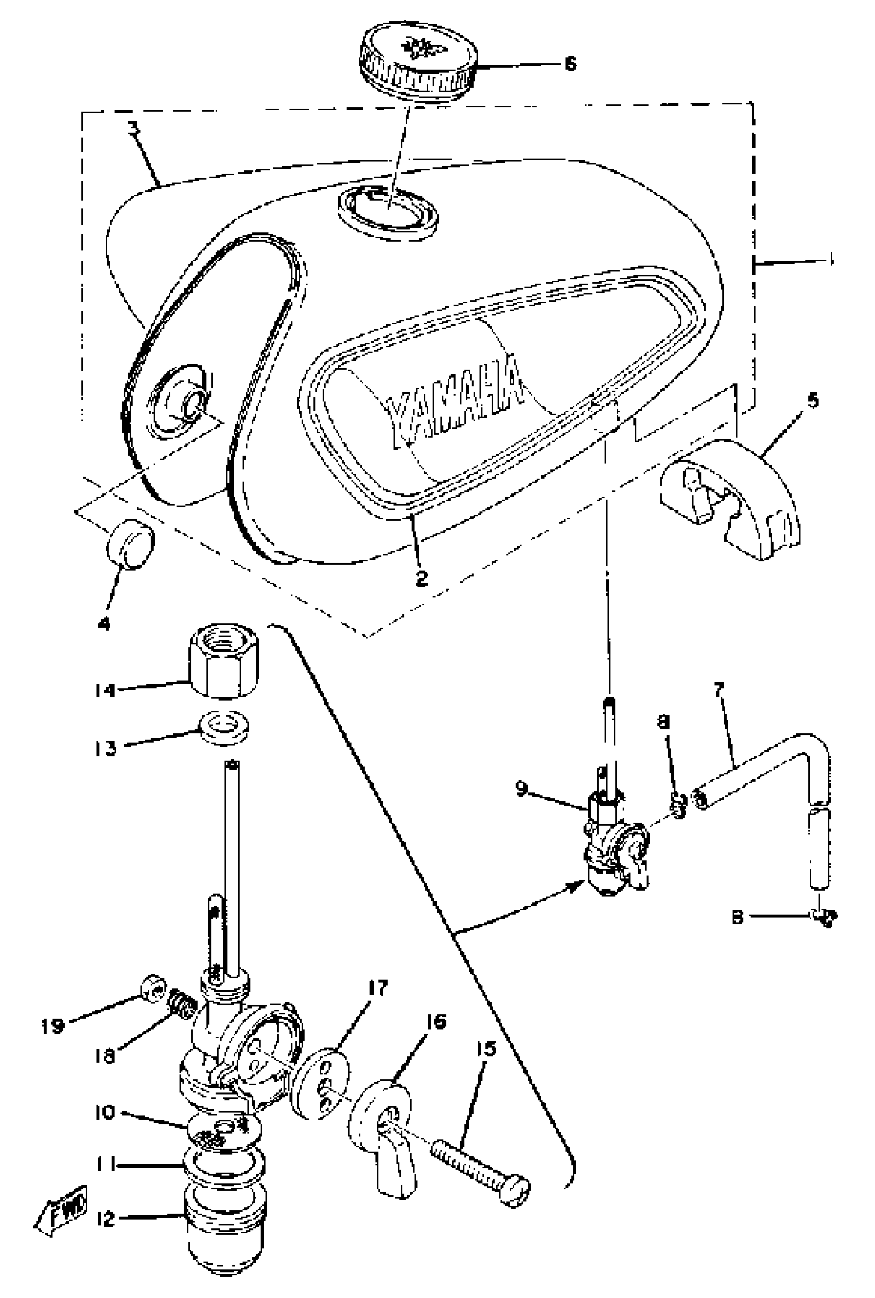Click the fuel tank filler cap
coord(418,62)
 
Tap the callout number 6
coord(570,64)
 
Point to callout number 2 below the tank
coord(422,578)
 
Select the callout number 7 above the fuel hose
coord(718,690)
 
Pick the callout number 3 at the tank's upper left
coord(133,129)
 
